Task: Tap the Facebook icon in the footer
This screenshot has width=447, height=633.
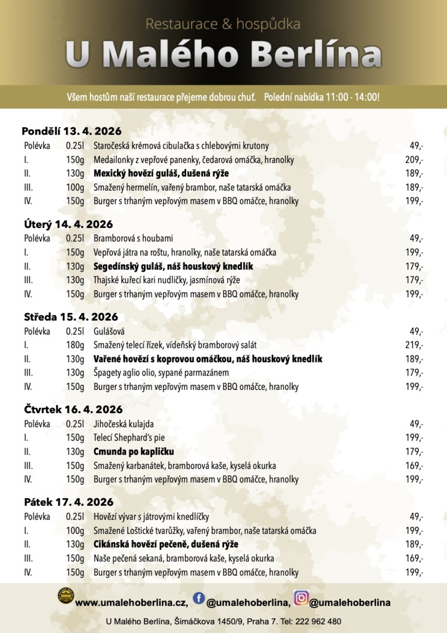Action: [x=199, y=598]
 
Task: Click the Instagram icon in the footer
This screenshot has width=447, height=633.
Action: [x=301, y=598]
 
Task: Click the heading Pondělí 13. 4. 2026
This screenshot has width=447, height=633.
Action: [x=72, y=131]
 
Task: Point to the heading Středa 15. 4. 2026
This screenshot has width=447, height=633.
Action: [x=71, y=317]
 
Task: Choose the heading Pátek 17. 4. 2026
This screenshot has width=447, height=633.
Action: [x=69, y=502]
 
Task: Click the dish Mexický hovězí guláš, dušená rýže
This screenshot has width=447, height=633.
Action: [x=161, y=174]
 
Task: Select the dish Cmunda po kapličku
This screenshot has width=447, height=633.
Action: [x=134, y=452]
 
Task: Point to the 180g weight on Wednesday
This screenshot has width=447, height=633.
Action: [x=75, y=346]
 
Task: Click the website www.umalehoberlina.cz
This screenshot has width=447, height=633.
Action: [x=132, y=602]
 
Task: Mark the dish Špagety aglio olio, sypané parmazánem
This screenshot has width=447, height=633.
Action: [x=161, y=373]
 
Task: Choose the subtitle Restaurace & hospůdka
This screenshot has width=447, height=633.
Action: [x=223, y=24]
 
